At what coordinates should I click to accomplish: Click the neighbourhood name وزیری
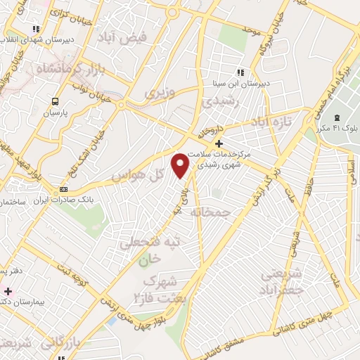click(159, 92)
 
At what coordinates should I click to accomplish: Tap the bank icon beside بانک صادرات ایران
click(64, 189)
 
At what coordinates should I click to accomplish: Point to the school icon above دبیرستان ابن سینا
click(240, 72)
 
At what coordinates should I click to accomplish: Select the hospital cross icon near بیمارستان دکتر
click(7, 290)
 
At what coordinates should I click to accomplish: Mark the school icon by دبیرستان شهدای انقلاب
click(35, 30)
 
